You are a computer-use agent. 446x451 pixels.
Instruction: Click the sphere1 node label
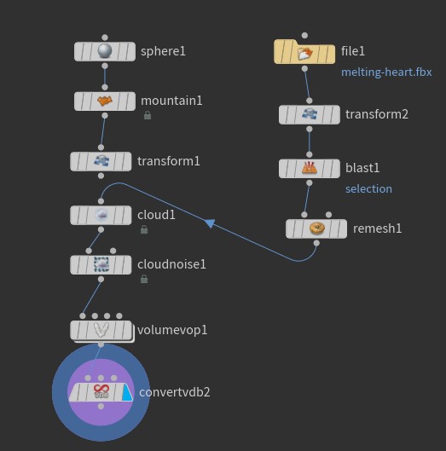click(163, 51)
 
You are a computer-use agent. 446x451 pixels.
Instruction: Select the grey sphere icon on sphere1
click(105, 51)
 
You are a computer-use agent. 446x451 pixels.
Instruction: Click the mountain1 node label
click(171, 101)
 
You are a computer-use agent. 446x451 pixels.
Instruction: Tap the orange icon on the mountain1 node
click(105, 101)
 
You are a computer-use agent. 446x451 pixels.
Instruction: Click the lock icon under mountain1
click(148, 116)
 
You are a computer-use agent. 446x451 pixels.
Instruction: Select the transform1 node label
click(168, 161)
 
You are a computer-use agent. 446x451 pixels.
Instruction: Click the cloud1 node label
click(156, 215)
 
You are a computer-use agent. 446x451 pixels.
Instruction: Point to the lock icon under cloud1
click(144, 229)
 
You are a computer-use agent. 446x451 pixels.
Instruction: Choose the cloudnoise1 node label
click(171, 264)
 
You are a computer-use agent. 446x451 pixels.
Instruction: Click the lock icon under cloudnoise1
click(144, 279)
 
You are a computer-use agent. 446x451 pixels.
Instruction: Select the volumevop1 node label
click(172, 330)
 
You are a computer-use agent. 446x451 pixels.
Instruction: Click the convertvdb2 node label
click(174, 392)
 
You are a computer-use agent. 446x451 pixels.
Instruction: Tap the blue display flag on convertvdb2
click(125, 392)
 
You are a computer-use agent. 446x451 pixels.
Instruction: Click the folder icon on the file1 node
click(304, 53)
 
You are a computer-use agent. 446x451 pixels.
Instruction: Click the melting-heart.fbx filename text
click(386, 72)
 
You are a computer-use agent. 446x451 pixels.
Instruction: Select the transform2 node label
click(376, 114)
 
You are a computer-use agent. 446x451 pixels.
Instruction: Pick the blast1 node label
click(362, 168)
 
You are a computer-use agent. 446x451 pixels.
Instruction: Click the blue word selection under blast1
click(368, 188)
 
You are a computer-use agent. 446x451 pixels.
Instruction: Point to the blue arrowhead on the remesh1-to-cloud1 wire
click(209, 223)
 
